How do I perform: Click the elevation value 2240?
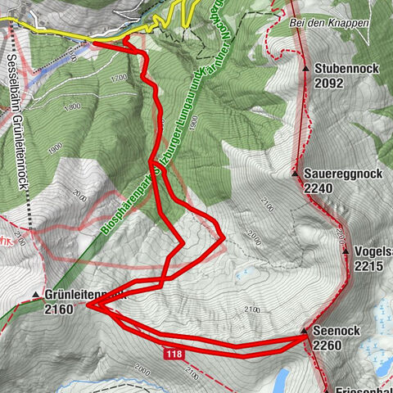320,187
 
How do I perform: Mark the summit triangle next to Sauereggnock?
296,174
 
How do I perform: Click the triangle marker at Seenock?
305,332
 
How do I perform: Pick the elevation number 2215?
368,266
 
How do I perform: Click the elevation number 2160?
61,309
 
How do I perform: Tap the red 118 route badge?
173,354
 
